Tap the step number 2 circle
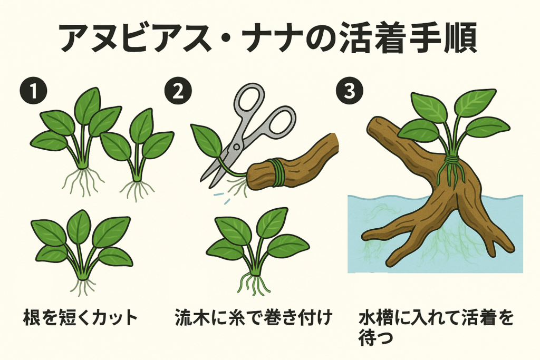coord(178,91)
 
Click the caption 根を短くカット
coord(80,317)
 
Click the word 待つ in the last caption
coord(375,338)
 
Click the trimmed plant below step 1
coord(82,252)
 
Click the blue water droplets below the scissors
coord(222,198)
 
